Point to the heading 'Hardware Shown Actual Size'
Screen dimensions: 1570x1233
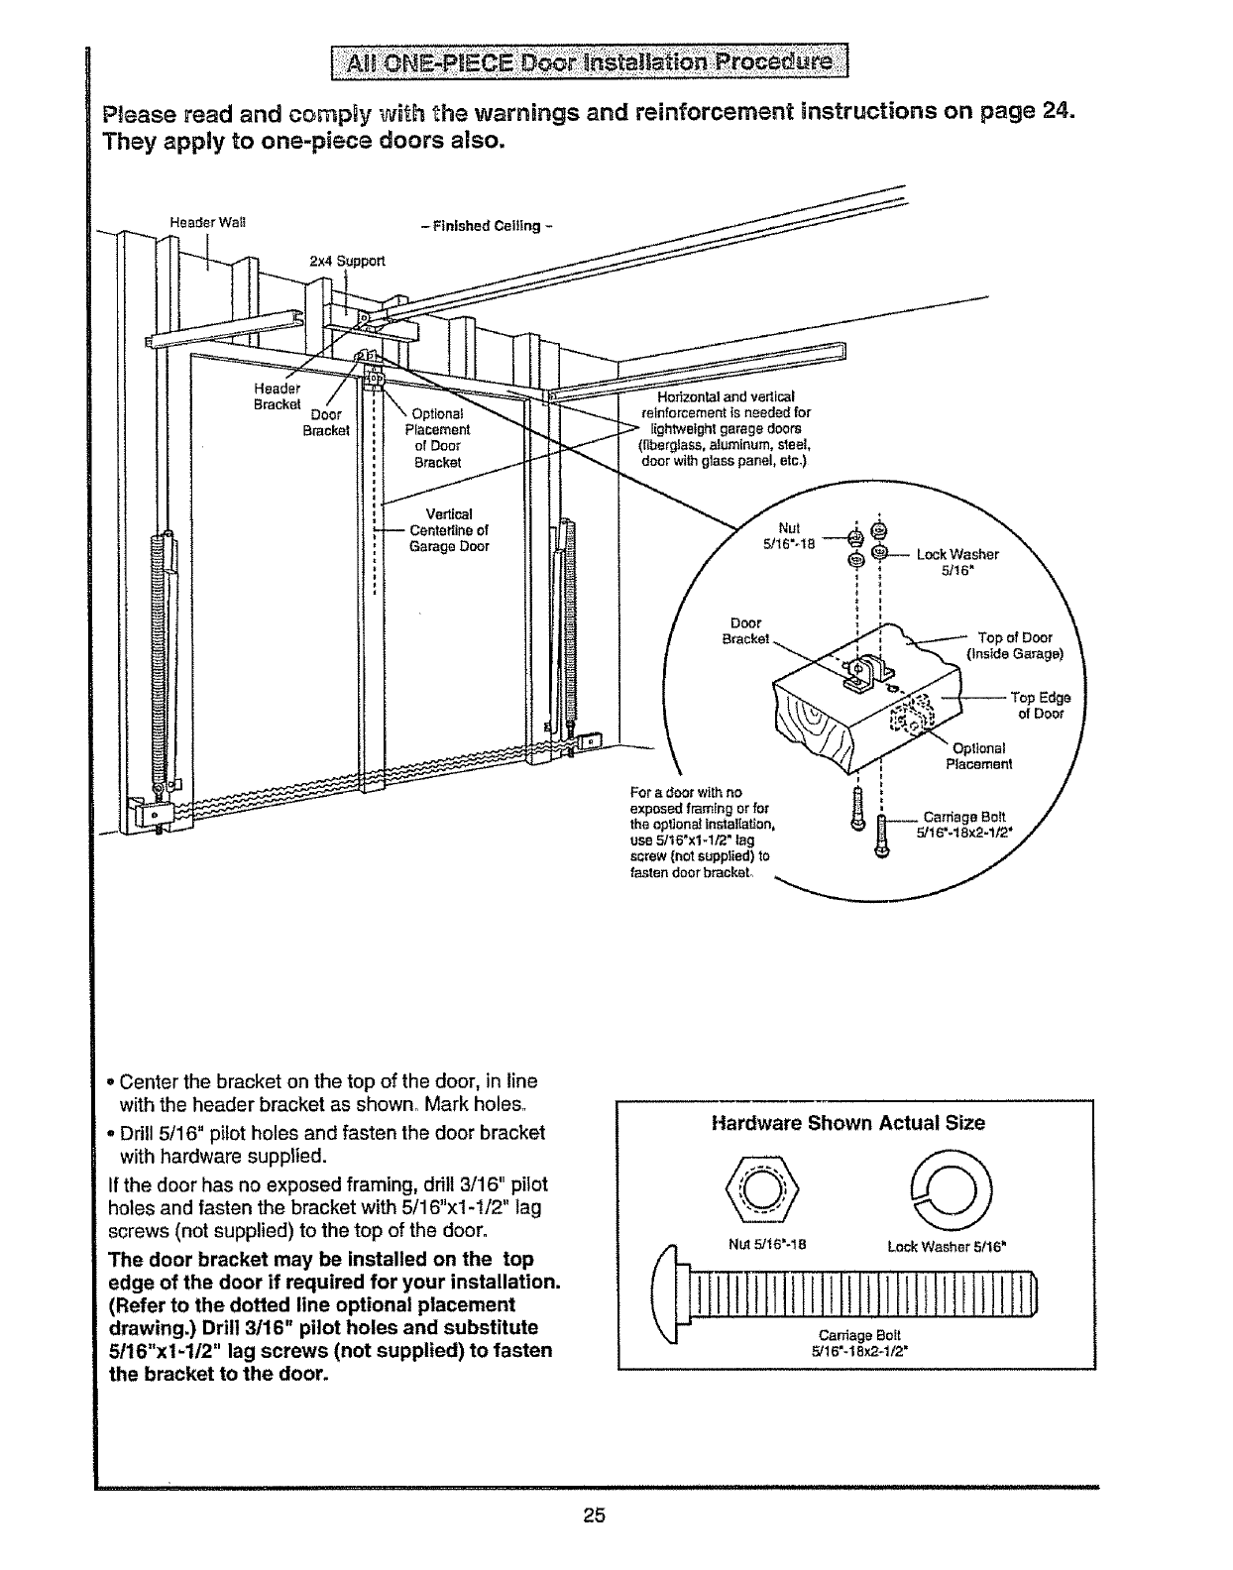pyautogui.click(x=848, y=1123)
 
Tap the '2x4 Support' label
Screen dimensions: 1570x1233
pyautogui.click(x=346, y=262)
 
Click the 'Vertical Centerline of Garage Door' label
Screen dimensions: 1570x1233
pyautogui.click(x=448, y=529)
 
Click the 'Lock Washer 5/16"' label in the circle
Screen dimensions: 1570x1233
pyautogui.click(x=956, y=561)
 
